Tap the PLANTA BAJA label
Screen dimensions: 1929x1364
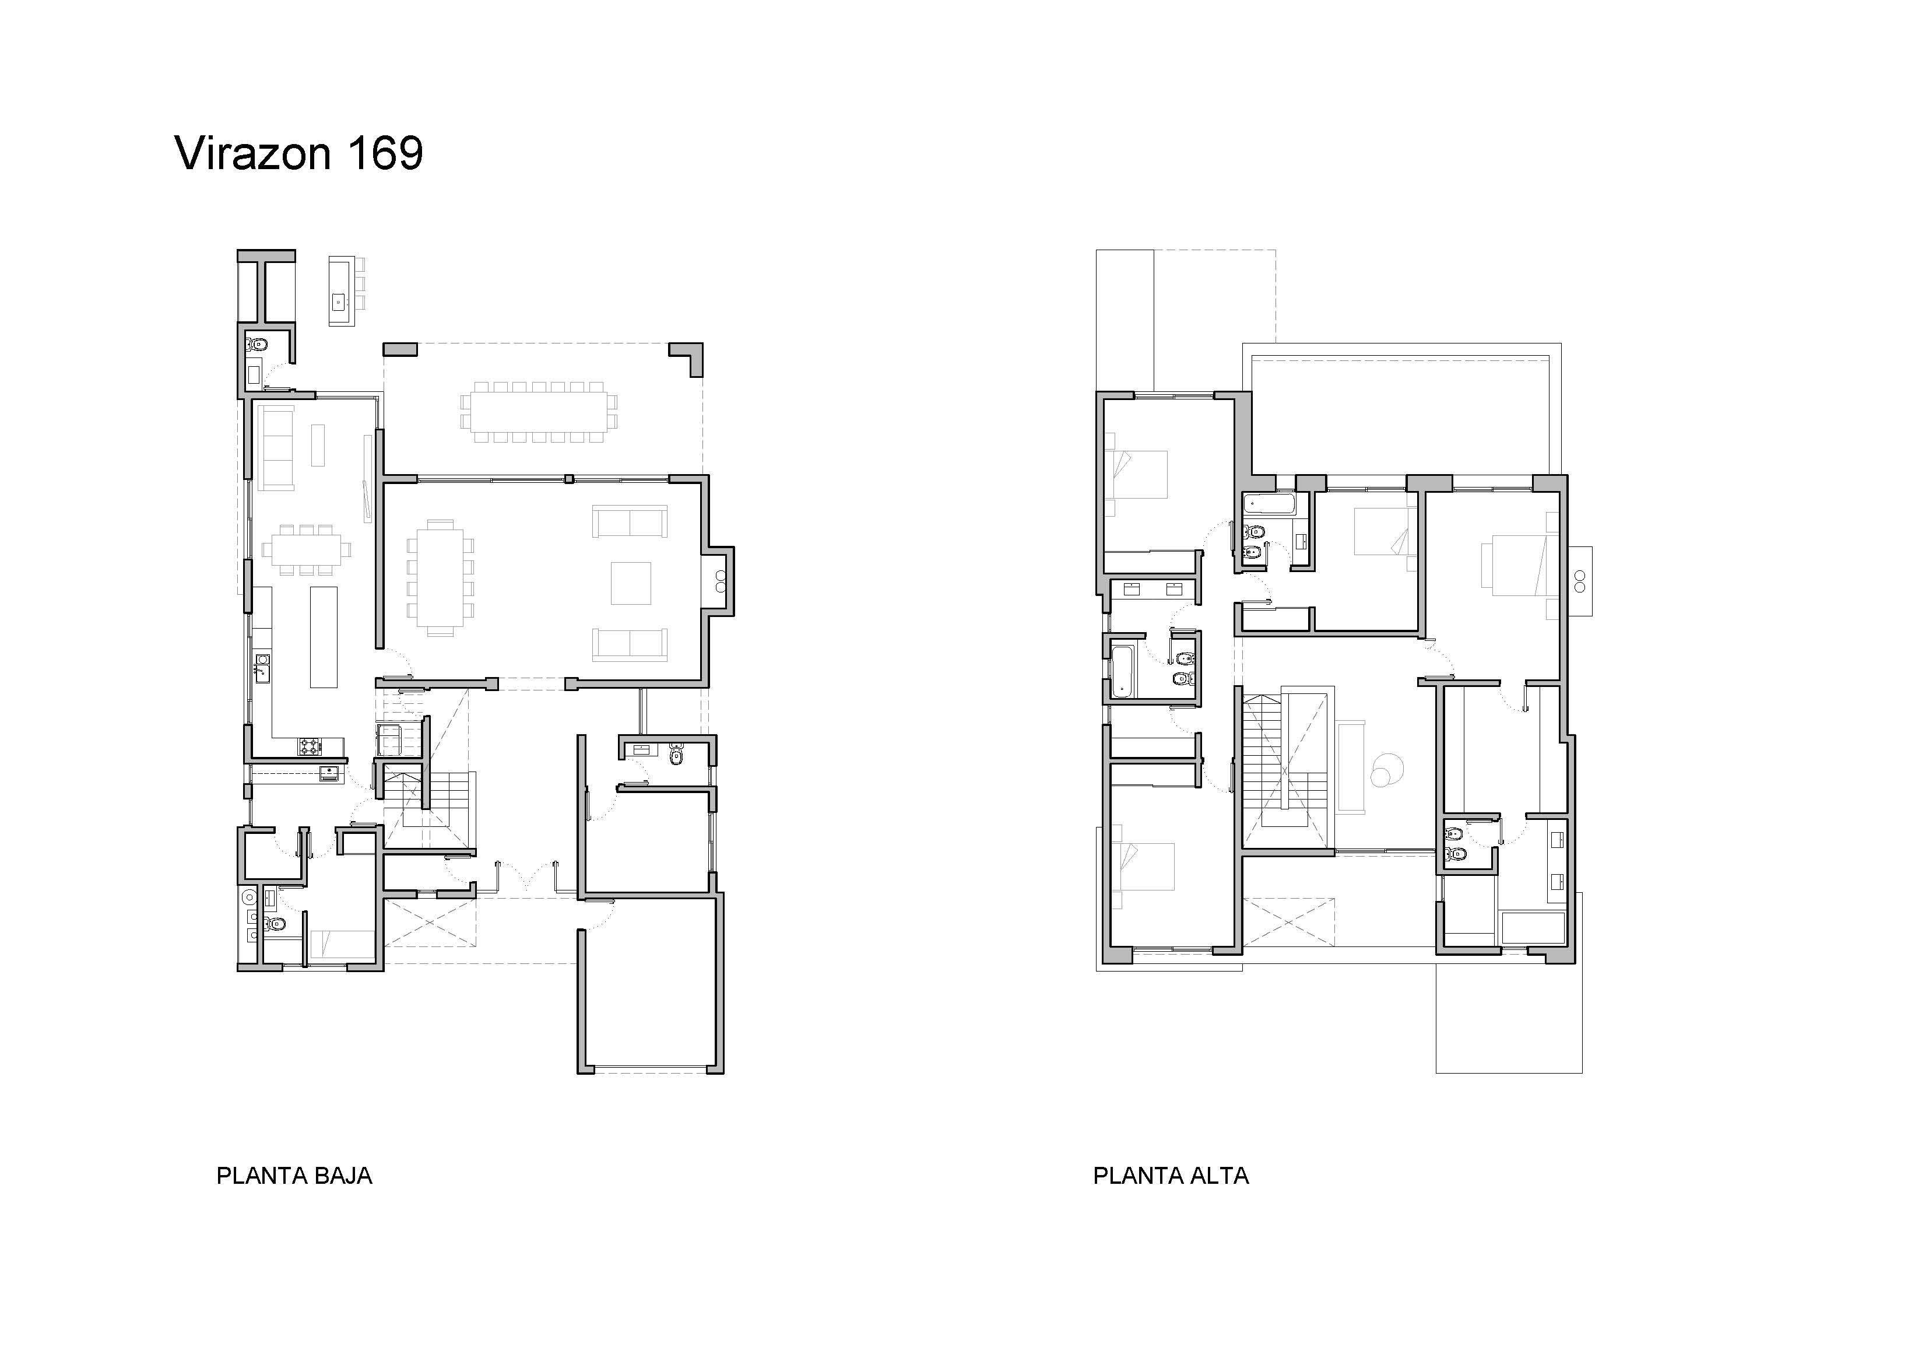tap(294, 1176)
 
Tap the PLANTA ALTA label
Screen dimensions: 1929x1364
tap(1171, 1176)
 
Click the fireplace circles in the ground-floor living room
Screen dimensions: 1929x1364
tap(720, 581)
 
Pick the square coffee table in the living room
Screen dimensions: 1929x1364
tap(631, 583)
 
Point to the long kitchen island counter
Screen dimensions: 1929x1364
tap(324, 637)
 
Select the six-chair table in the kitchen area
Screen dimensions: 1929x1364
tap(306, 550)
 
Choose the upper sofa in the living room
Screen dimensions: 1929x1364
tap(630, 521)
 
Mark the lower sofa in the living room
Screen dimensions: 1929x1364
tap(630, 644)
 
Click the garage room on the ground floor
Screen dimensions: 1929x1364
tap(650, 984)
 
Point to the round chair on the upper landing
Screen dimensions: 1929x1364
tap(1385, 769)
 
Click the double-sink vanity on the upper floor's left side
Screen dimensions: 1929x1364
tap(1152, 589)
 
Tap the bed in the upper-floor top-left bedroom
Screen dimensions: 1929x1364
tap(1137, 474)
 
